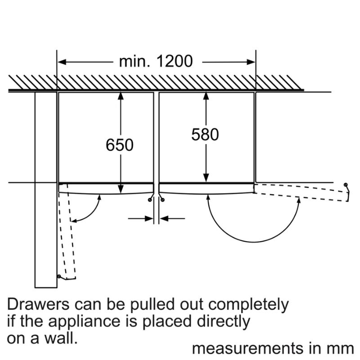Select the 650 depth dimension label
point(120,145)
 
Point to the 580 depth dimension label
point(205,135)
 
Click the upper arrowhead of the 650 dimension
point(120,96)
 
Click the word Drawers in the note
point(38,305)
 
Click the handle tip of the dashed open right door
point(345,185)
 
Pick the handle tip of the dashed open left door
point(58,276)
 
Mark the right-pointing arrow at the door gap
point(147,219)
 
